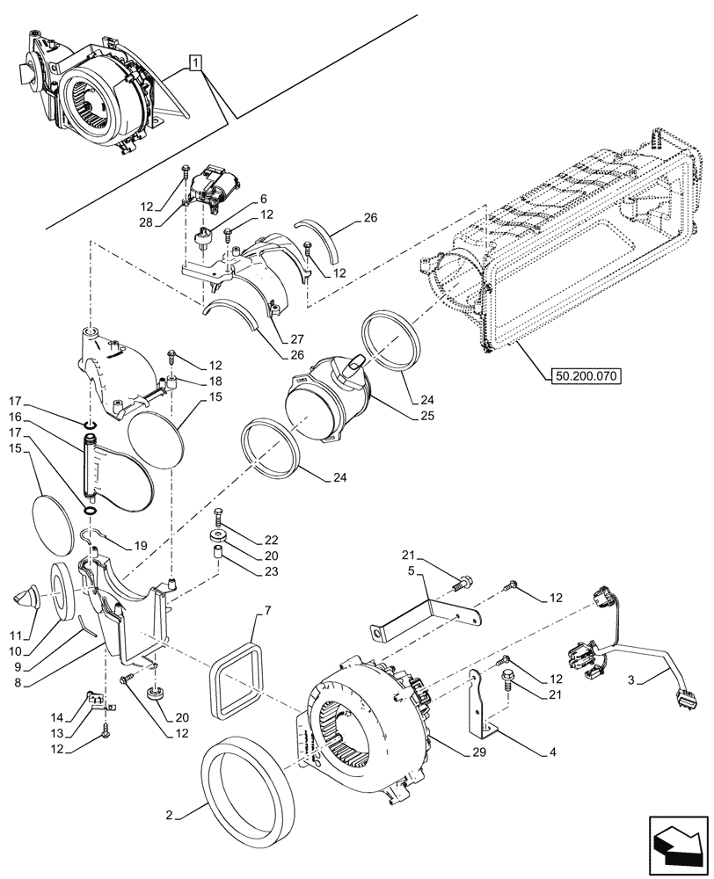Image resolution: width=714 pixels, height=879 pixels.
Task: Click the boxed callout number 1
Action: (195, 62)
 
